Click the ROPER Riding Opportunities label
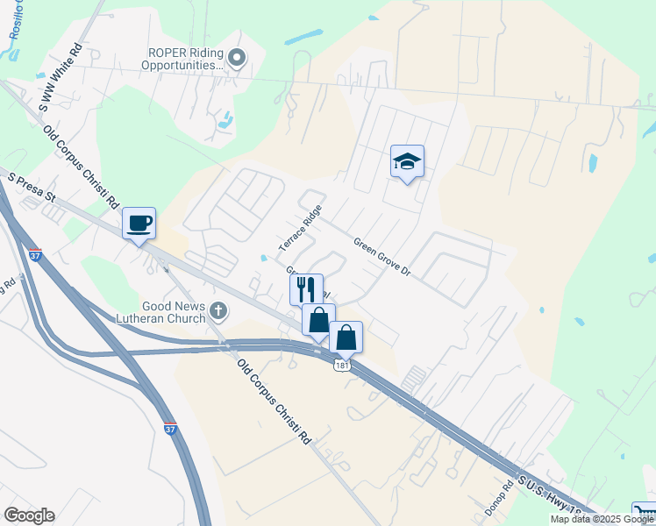pos(184,57)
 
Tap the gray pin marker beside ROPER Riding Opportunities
pos(237,58)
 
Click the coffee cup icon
pos(139,224)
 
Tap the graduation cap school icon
pos(406,161)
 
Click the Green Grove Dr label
pos(382,255)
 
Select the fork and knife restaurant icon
pos(305,288)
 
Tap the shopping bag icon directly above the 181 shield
pos(346,337)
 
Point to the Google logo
pos(29,515)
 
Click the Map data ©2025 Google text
pos(603,519)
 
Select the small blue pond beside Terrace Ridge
pos(264,258)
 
